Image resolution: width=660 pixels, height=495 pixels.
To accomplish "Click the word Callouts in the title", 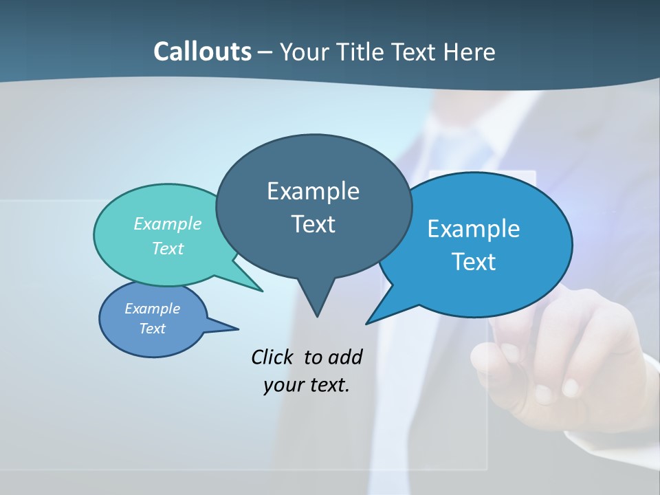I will pos(202,52).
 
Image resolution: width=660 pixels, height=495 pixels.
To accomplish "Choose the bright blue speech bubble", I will pos(495,289).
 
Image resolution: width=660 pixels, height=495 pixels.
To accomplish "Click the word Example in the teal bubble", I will pos(168,223).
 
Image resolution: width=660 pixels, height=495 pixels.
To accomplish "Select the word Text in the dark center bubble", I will pos(313,224).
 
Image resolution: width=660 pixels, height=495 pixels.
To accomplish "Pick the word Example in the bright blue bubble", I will pos(474,229).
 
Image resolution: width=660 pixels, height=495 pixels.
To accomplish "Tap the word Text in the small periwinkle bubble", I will pos(153,329).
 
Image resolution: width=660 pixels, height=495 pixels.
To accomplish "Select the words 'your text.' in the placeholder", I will pos(307,385).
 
